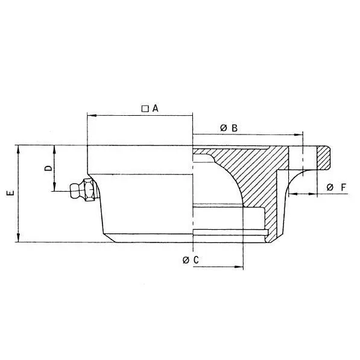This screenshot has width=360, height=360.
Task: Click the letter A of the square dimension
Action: pos(155,109)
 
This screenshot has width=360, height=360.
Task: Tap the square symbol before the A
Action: pos(145,109)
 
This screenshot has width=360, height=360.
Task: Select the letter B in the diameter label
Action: pos(235,128)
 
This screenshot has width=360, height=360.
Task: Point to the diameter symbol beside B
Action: pos(223,128)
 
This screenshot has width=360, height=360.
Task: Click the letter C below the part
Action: pos(196,260)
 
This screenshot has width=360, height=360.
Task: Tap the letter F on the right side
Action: pos(343,188)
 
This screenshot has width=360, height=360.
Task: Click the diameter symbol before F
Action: pos(330,188)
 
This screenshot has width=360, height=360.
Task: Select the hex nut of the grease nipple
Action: pos(88,189)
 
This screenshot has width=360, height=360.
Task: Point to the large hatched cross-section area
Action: pos(253,172)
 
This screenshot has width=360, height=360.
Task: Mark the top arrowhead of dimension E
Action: pos(19,148)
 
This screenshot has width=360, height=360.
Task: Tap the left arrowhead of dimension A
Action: pos(90,115)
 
